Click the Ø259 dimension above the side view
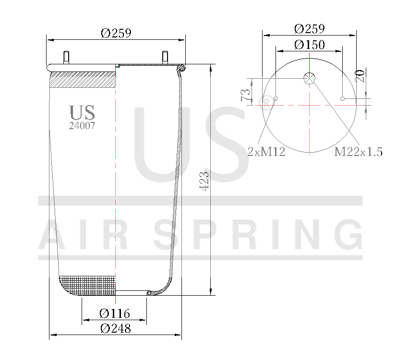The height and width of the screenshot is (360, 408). [116, 33]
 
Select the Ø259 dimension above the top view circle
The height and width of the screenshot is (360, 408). [309, 28]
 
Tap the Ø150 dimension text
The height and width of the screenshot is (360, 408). [309, 45]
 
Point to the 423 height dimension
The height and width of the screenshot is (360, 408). [204, 181]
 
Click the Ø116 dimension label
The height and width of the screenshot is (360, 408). [114, 314]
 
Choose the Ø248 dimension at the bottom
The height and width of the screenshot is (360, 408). [115, 329]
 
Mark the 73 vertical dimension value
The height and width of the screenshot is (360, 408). [246, 95]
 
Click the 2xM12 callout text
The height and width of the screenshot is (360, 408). [266, 152]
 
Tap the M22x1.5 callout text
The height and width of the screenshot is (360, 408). [358, 152]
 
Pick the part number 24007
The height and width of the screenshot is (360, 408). [82, 126]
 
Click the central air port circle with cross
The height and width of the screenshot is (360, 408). [309, 78]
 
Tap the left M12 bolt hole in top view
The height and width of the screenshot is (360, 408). [276, 99]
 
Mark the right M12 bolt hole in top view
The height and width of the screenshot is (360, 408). [342, 99]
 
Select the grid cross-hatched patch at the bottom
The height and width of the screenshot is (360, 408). [88, 285]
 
